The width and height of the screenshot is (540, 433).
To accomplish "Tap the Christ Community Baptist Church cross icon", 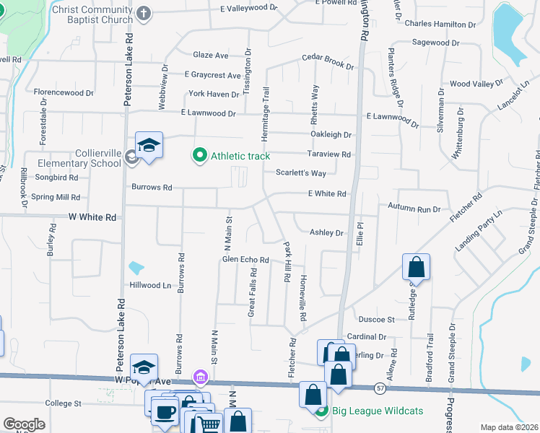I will pos(144,14).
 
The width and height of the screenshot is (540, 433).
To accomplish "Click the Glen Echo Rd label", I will pos(245,260).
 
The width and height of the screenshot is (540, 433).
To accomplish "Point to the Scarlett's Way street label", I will pos(301,173).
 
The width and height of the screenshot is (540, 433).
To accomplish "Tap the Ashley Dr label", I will pos(326,232).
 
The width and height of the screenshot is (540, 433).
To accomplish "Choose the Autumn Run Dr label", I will pos(414,209).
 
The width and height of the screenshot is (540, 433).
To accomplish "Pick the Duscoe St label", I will pos(376,319).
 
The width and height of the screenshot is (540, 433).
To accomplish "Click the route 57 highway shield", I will pos(380,388).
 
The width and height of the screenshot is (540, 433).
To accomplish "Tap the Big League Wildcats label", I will pos(370,412).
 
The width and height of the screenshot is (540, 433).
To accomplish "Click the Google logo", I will pos(23,424).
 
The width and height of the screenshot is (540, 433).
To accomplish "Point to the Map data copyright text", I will pos(509,427).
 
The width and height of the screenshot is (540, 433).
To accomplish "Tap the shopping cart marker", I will pos(208,423).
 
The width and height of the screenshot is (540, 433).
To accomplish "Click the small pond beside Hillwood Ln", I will pos(136,268).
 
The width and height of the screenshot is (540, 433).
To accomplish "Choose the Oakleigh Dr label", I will pos(331,134).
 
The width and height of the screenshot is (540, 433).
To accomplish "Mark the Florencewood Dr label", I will pos(64,93).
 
